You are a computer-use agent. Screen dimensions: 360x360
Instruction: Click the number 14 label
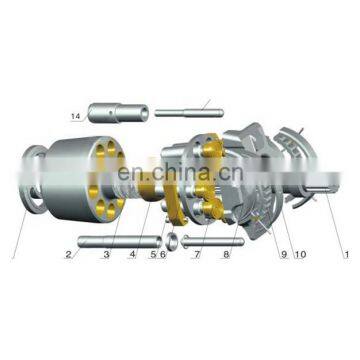pyautogui.click(x=76, y=116)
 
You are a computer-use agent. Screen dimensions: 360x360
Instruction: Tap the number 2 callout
pyautogui.click(x=68, y=255)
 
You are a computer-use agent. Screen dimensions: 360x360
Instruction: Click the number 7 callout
pyautogui.click(x=198, y=255)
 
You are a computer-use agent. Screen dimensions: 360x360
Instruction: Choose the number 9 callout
pyautogui.click(x=284, y=255)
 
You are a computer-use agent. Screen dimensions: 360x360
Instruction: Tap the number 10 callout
pyautogui.click(x=300, y=255)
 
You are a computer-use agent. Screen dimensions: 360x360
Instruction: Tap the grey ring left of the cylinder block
pyautogui.click(x=33, y=180)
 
